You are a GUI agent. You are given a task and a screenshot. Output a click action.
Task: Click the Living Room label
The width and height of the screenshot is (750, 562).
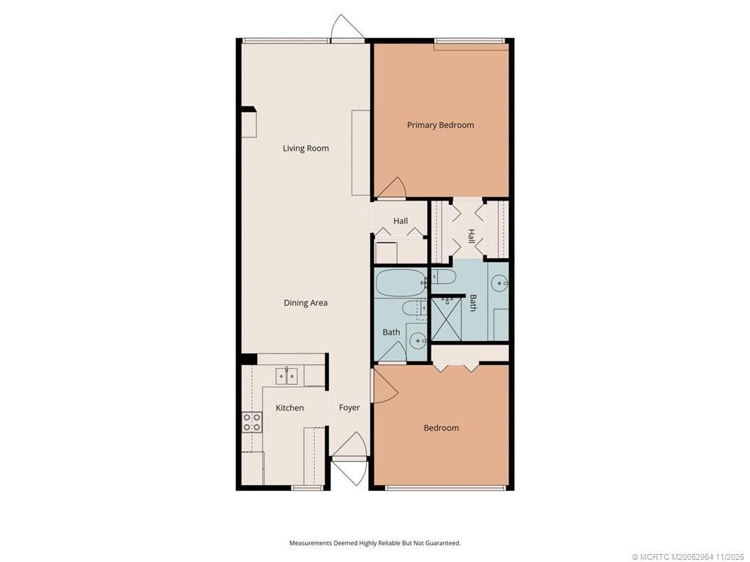click(305, 149)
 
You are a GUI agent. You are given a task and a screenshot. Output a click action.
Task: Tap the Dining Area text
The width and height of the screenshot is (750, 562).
click(305, 303)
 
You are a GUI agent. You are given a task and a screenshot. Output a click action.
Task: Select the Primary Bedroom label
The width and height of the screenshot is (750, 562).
click(440, 125)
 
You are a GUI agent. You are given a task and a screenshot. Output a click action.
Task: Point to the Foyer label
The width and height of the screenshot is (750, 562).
click(349, 408)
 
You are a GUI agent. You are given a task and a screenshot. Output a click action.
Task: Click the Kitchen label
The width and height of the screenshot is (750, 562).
click(289, 408)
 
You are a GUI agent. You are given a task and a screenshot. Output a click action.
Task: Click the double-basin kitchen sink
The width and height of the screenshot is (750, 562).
click(286, 376)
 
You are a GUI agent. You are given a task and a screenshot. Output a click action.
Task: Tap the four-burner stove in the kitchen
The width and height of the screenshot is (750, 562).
click(251, 421)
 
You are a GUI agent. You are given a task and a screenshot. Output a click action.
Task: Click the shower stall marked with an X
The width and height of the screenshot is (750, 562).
click(445, 319)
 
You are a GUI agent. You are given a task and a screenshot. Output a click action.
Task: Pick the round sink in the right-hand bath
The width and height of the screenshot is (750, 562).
click(500, 282)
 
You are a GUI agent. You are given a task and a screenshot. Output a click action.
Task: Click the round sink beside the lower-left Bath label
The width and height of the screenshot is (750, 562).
click(417, 340)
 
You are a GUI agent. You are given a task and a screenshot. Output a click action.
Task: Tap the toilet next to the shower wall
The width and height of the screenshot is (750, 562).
click(442, 277)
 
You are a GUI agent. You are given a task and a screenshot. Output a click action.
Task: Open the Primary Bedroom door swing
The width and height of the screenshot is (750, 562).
click(391, 189)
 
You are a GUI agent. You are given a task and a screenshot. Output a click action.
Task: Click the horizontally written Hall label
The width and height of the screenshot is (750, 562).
click(401, 221)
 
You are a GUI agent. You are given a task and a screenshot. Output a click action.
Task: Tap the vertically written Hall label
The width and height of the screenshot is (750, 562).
click(471, 236)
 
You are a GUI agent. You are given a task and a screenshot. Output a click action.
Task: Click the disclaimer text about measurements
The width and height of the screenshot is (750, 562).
click(374, 543)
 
